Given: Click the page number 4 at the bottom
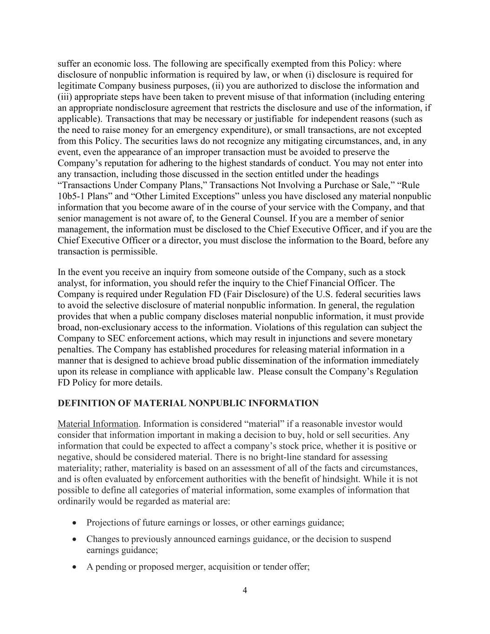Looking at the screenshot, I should click(245, 591).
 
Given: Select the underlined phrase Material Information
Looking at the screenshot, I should click(98, 424).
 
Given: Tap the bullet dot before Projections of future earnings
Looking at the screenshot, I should click(75, 523).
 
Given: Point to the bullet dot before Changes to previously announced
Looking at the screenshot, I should click(75, 539).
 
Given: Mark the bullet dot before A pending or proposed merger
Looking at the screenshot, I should click(75, 567).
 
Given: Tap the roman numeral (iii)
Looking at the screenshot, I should click(65, 97).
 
